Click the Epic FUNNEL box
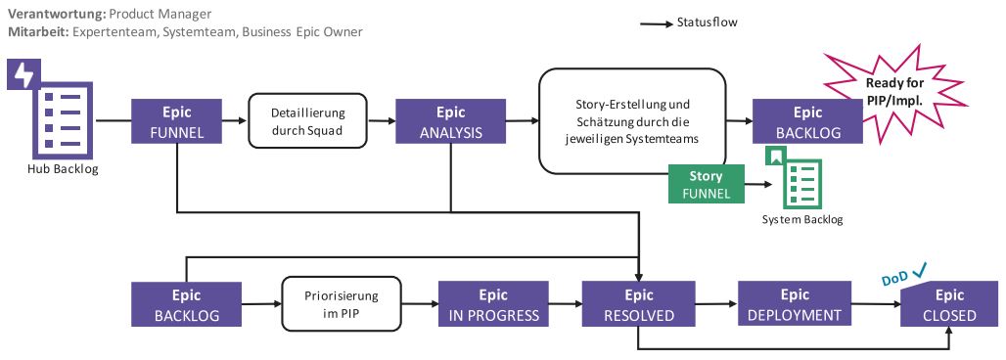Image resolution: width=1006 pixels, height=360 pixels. (x=176, y=121)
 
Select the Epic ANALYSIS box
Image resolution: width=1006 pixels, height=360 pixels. (x=450, y=121)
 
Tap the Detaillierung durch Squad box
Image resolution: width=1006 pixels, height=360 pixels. (x=308, y=121)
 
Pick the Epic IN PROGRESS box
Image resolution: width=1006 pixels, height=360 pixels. (x=493, y=304)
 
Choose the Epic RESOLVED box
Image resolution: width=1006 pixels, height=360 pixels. (x=638, y=304)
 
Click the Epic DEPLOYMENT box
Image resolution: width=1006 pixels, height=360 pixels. (x=794, y=304)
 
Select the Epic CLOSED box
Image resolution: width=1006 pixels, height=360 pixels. (x=949, y=304)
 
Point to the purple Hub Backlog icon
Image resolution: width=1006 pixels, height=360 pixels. (x=51, y=110)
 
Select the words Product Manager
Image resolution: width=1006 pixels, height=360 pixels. (x=159, y=14)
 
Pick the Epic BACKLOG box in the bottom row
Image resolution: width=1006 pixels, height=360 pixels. (x=186, y=304)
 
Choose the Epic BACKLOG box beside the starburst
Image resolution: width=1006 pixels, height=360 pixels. (x=807, y=121)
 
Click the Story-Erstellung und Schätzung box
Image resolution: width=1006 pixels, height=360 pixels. (x=632, y=121)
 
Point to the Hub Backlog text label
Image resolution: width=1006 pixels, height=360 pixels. (x=63, y=169)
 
